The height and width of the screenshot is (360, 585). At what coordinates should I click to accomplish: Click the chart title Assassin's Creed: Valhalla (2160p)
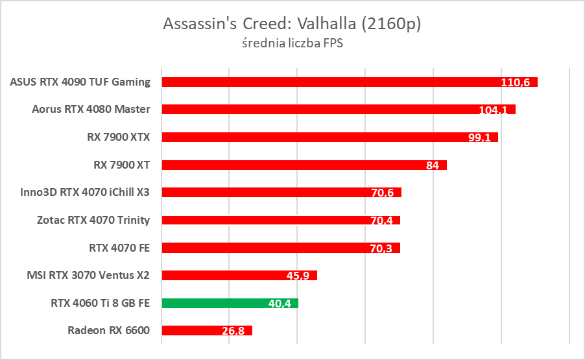point(292,25)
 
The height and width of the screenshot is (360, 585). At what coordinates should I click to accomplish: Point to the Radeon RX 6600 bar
point(195,331)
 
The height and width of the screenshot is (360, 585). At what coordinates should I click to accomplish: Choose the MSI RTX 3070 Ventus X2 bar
point(227,275)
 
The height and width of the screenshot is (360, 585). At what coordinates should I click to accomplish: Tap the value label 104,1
point(493,110)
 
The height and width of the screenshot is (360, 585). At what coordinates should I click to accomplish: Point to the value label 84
point(433,165)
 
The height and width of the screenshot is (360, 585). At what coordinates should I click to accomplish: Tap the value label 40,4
point(279,303)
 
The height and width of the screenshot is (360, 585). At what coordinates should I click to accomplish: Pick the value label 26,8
point(233,331)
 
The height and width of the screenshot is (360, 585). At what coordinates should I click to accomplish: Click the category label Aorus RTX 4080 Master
point(91,109)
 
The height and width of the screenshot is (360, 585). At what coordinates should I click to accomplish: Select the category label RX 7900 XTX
point(117,137)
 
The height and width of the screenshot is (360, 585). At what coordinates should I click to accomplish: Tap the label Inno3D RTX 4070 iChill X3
point(86,192)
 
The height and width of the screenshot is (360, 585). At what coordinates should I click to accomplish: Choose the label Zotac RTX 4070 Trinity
point(93,220)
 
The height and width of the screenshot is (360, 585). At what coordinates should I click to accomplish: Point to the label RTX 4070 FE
point(119,247)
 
